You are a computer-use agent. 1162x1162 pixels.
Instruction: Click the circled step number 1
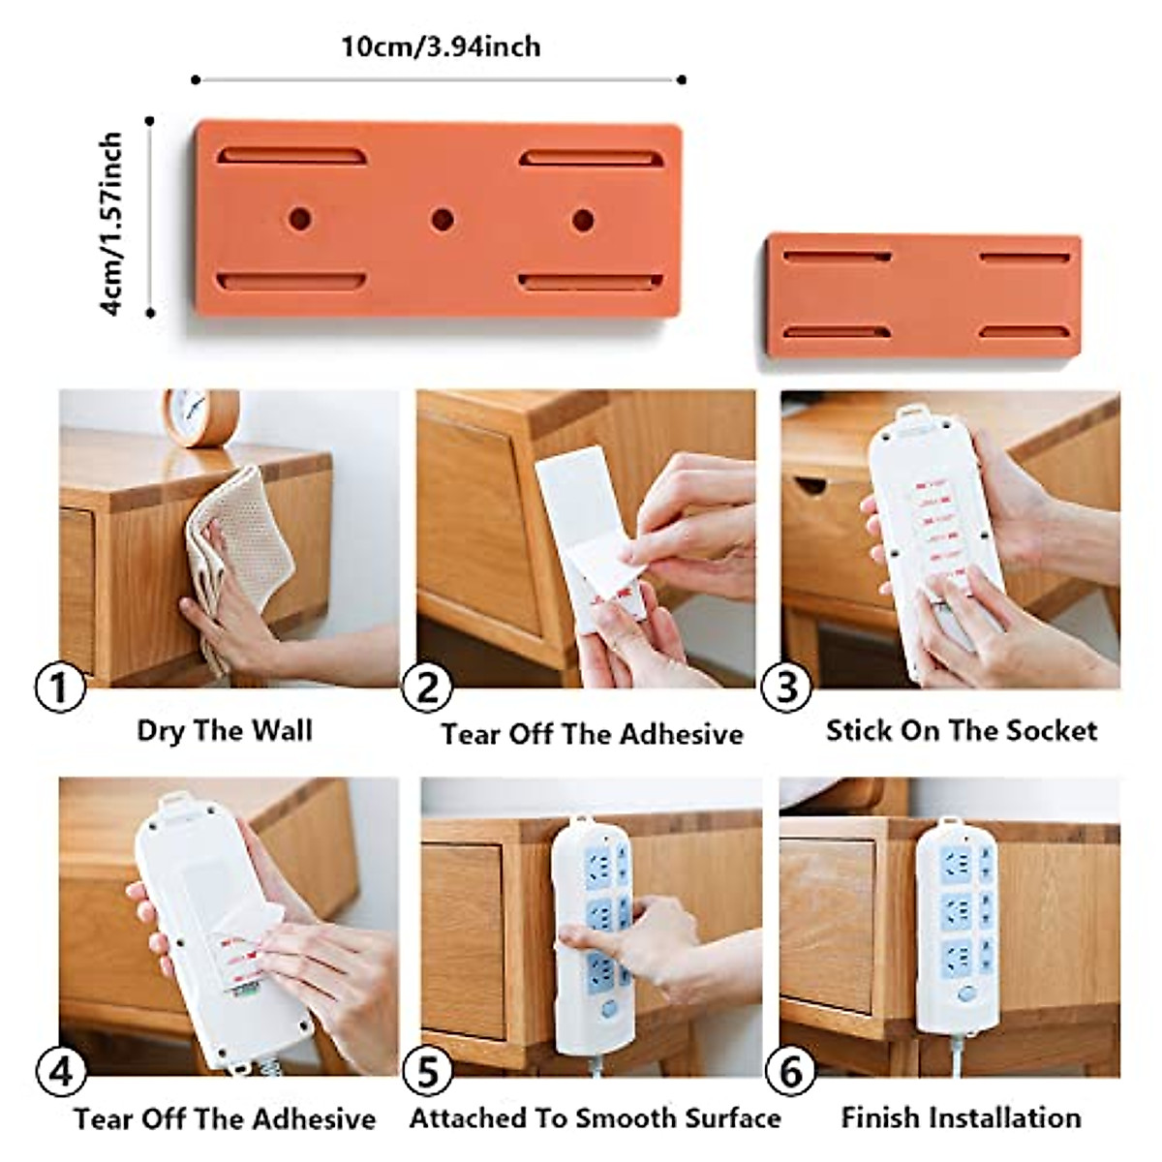click(60, 689)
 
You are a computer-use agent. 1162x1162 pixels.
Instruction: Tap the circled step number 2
click(427, 688)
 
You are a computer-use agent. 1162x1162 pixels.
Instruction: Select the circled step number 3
click(787, 688)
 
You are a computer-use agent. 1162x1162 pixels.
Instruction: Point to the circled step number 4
click(60, 1073)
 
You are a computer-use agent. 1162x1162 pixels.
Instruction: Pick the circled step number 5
click(427, 1073)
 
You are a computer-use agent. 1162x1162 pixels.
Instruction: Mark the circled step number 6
click(790, 1073)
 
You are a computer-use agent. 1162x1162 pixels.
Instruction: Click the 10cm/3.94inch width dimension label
click(441, 46)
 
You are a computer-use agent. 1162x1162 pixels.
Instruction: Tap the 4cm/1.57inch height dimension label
click(112, 224)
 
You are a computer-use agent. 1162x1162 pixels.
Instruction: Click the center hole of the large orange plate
click(442, 219)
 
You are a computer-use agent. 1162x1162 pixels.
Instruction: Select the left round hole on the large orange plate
click(299, 218)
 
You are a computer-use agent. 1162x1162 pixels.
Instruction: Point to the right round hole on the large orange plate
click(582, 220)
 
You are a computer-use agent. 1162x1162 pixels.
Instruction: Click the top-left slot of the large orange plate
click(291, 156)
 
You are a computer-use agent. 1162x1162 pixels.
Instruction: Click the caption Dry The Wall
click(225, 730)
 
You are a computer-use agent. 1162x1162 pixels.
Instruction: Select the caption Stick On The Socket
click(961, 730)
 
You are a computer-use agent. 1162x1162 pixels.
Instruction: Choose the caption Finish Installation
click(961, 1117)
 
